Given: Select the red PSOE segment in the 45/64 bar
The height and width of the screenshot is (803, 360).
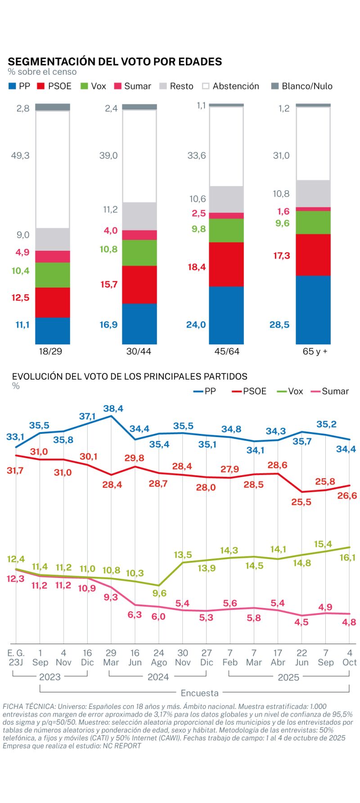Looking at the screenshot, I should coord(226,264).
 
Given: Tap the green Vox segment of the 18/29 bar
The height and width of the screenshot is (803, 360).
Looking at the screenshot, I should coord(53,275).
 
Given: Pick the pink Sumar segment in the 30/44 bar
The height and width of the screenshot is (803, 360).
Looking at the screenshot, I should coord(139,235).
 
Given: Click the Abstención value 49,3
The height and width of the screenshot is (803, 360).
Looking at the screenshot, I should coord(20,156).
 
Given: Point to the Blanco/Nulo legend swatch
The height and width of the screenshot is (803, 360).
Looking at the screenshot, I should coord(275,86).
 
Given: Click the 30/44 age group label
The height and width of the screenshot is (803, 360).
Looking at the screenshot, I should coord(139,352).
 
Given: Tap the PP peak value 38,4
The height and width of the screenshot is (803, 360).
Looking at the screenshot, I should coord(113,409).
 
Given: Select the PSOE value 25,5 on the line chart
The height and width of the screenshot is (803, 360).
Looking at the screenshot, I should coord(301,502).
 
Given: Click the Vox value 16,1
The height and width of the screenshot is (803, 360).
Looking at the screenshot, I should coord(347,558).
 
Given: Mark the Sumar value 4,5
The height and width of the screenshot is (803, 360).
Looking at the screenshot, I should coord(301,622).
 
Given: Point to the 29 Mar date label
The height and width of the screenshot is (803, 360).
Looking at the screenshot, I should coord(111,657).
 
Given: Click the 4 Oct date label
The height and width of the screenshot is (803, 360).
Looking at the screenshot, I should coord(349,657).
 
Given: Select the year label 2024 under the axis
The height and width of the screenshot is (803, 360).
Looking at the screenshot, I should coord(158,677).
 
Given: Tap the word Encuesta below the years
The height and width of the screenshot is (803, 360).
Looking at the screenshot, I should coord(199,693).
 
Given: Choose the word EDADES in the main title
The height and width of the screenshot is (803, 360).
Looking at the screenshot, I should coord(200,62).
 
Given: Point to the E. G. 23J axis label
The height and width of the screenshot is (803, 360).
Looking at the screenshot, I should coord(16,657).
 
